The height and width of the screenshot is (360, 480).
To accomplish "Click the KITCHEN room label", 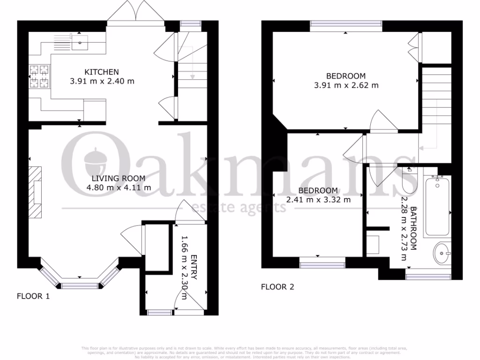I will [101, 72].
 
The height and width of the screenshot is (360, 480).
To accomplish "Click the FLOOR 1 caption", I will [33, 296].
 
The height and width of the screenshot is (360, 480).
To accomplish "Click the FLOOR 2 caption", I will [277, 287].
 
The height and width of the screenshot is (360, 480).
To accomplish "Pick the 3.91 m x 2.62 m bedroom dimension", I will [346, 85].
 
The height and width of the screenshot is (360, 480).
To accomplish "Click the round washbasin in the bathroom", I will [441, 254].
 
